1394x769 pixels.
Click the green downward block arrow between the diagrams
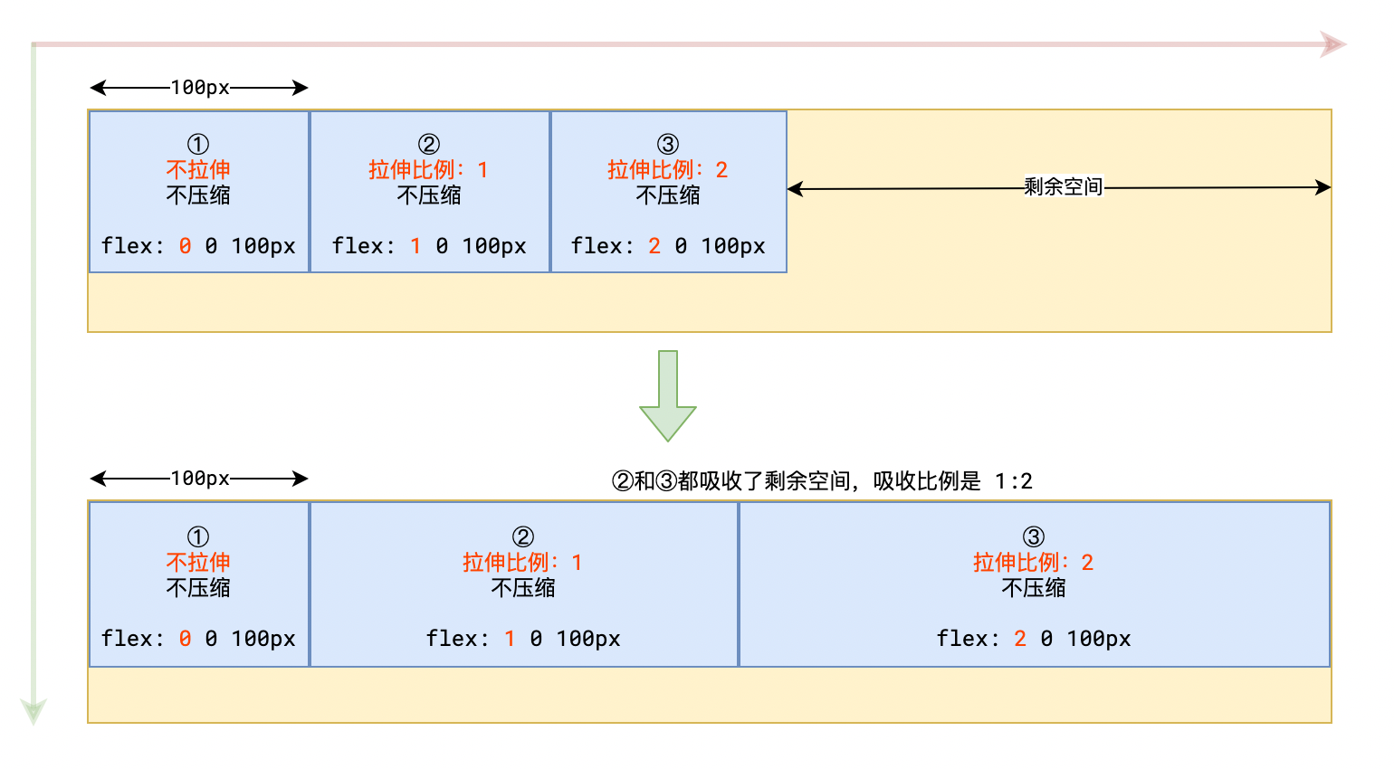668,395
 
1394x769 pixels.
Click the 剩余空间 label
1063,186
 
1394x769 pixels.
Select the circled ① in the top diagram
198,145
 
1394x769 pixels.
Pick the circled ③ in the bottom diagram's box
1033,536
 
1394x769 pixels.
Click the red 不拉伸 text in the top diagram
198,170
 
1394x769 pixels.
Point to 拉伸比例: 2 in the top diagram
668,170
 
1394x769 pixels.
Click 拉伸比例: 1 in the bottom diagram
522,563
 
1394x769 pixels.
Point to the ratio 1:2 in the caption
1014,481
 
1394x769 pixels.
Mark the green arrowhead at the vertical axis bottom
33,712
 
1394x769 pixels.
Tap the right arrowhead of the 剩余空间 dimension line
1323,187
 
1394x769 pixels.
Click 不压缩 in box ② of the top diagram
429,195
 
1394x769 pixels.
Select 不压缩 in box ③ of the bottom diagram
1033,588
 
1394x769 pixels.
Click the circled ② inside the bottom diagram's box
523,536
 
